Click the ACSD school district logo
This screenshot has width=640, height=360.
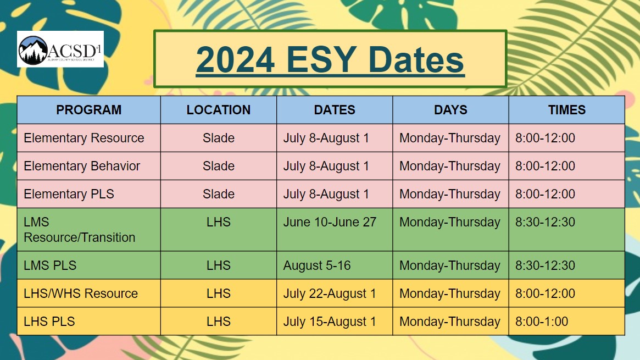click(60, 49)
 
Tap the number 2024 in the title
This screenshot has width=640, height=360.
click(235, 59)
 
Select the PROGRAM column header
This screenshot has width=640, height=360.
click(88, 110)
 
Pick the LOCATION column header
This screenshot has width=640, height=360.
click(219, 110)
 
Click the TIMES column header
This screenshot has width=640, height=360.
click(566, 110)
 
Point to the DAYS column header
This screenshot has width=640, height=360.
click(450, 110)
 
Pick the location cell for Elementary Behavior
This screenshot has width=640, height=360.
click(219, 166)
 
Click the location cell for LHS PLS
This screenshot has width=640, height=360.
click(219, 322)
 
